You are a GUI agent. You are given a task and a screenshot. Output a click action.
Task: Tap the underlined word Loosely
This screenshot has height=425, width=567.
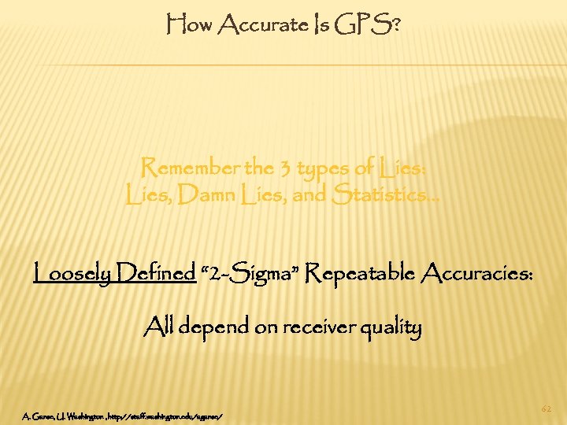click(74, 275)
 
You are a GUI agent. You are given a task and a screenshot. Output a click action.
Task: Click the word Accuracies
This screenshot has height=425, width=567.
click(478, 275)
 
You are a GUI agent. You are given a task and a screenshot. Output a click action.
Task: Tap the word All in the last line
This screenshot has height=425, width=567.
click(159, 326)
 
